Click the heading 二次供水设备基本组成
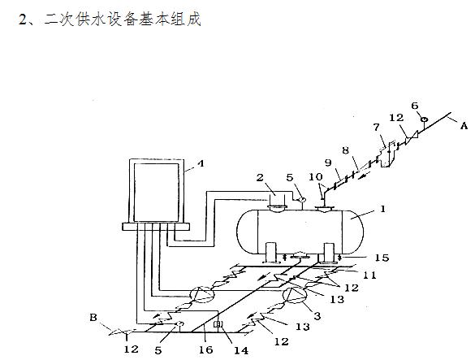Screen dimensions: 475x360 122,20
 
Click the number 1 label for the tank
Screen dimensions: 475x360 383,209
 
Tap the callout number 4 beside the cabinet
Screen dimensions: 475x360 201,163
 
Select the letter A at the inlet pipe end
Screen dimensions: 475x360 464,126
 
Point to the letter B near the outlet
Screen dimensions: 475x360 93,317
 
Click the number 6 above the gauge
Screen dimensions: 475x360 415,106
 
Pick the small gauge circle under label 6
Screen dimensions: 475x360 425,119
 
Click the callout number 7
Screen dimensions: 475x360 376,128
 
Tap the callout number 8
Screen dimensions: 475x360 346,150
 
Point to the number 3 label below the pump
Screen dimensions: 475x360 317,316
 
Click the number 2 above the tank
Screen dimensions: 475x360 260,177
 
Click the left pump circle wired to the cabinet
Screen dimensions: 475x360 201,294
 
